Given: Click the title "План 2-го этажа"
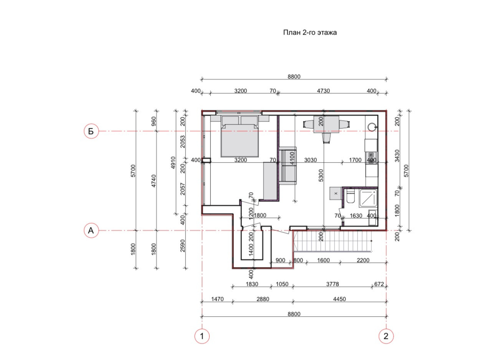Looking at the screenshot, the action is [310, 33].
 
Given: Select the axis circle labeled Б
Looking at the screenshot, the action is [91, 131].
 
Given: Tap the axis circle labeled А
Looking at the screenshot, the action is [91, 231].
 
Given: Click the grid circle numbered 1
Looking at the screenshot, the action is [202, 336].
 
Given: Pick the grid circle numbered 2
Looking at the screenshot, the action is [386, 336].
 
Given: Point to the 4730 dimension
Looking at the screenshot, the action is [323, 91].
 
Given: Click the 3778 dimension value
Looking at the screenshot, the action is [333, 284].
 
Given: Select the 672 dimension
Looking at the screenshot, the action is [379, 284].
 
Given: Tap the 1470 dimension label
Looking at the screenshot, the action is [217, 299].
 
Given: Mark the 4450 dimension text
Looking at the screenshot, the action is [339, 299].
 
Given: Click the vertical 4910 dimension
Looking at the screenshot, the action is [173, 163].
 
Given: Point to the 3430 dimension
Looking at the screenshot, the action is [397, 156].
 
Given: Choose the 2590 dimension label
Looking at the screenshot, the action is [183, 246].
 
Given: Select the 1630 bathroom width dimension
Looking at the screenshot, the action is [356, 216].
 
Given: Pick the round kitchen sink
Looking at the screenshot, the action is [372, 126].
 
